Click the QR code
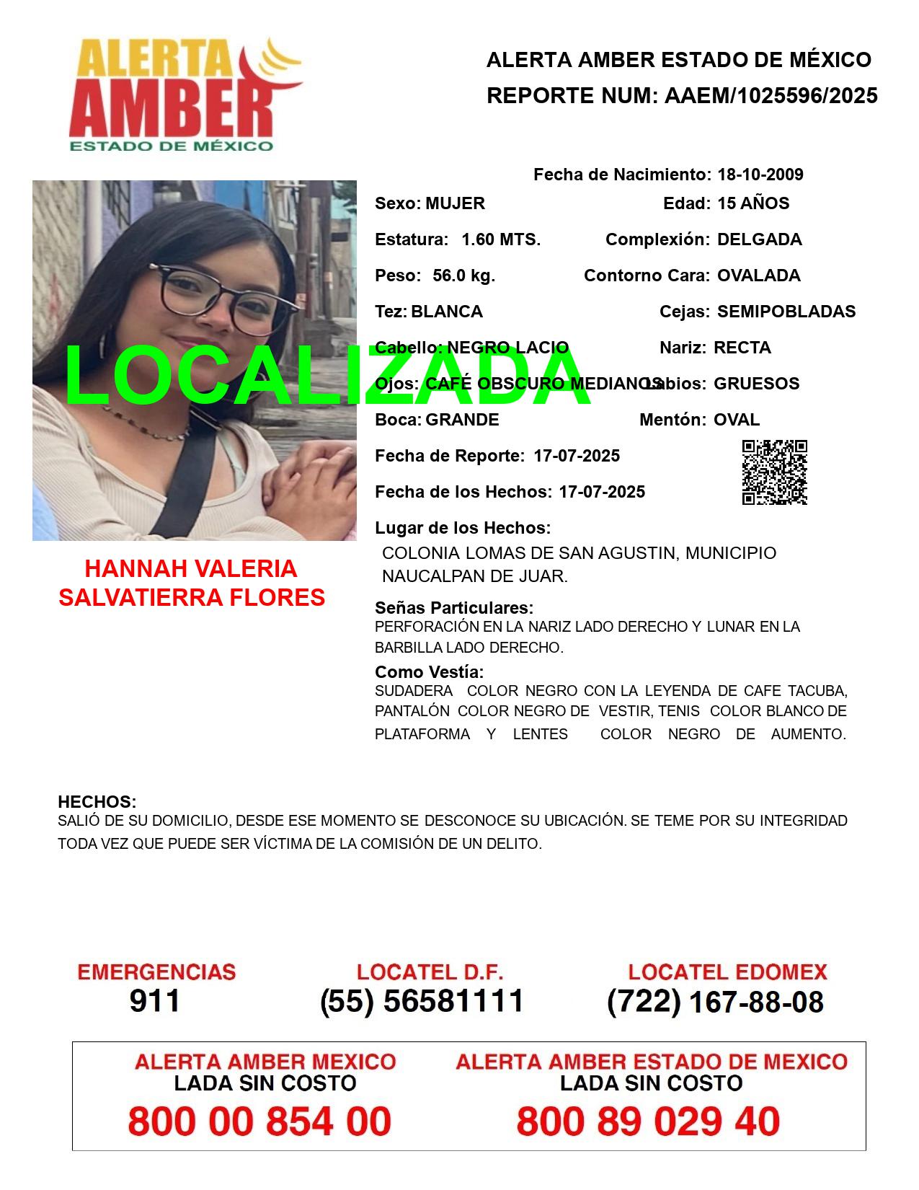tap(774, 472)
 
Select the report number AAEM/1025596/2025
tap(771, 95)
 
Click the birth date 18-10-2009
tap(760, 175)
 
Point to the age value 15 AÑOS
tap(752, 203)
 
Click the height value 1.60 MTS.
tap(500, 239)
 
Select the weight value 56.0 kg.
tap(463, 276)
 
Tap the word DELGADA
tap(759, 239)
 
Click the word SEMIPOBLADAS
tap(786, 312)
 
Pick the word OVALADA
tap(758, 276)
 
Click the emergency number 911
tap(155, 1001)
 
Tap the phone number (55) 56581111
tap(422, 1001)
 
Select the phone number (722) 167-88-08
tap(715, 1002)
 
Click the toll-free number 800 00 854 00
tap(259, 1121)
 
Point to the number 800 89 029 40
tap(648, 1121)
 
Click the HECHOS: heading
tap(97, 802)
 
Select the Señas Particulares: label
tap(454, 607)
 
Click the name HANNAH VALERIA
tap(191, 569)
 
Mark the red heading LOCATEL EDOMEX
tap(727, 972)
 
